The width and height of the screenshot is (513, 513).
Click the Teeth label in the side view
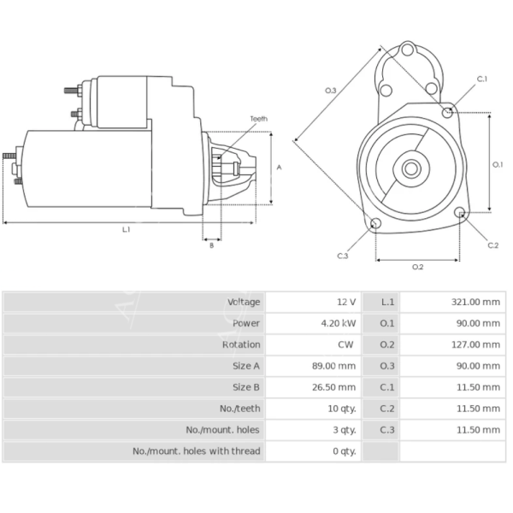coord(258,119)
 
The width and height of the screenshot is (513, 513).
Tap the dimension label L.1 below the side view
coord(127,229)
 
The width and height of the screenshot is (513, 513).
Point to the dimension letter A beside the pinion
coord(279,168)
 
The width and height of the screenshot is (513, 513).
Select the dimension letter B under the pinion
coord(211,245)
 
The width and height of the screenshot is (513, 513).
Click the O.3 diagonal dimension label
coord(330,91)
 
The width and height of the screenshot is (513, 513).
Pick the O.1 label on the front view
coord(498,164)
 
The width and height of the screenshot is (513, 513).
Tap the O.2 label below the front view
coord(417,267)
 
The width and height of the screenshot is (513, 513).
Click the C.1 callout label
coord(481,79)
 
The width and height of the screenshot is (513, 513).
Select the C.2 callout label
coord(492,245)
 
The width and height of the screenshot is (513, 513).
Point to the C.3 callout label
coord(342,256)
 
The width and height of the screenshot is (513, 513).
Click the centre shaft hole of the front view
coord(411,168)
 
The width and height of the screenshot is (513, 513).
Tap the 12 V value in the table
coord(345,302)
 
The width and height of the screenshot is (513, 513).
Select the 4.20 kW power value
coord(339,323)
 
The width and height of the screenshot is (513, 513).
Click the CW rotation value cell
coord(346,345)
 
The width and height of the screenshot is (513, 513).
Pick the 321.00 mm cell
coord(475,302)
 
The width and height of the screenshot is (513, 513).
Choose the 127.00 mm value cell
coord(475,345)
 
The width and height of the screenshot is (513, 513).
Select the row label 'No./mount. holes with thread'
coord(196,451)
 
